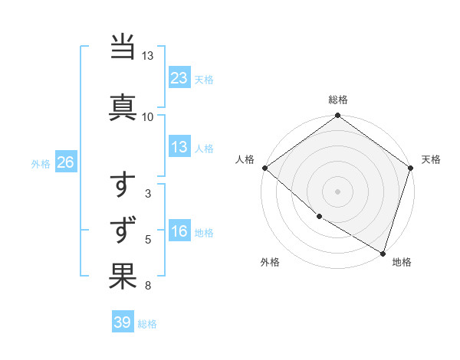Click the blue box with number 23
(x=179, y=78)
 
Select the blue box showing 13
(x=179, y=147)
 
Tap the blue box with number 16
(x=179, y=232)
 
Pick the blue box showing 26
(x=65, y=163)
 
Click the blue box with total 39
(x=123, y=322)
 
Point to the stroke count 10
(x=147, y=116)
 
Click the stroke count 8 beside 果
(x=147, y=286)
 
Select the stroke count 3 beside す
(x=147, y=195)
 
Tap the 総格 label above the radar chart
(x=337, y=100)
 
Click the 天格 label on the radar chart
(x=431, y=159)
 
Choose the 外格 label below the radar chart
(x=270, y=262)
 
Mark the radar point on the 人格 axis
(x=264, y=168)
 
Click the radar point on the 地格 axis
(x=383, y=252)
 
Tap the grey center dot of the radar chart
(x=337, y=191)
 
